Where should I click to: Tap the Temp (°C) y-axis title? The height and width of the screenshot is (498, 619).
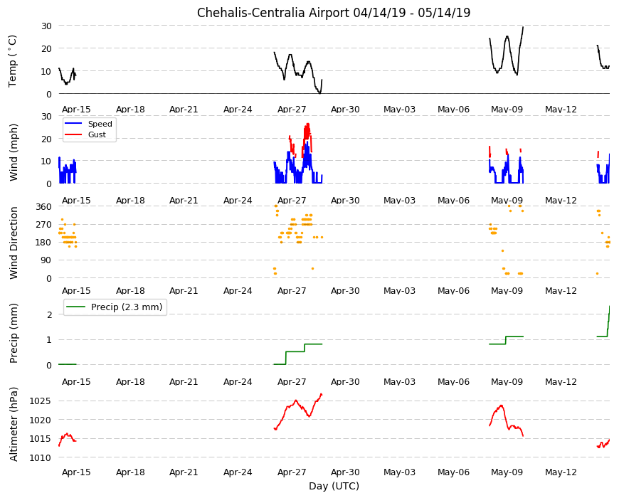point(13,60)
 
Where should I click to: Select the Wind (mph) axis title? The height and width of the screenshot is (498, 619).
point(14,152)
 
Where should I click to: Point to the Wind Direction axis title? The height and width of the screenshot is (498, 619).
point(14,243)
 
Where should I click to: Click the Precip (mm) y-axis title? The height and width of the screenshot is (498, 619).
point(14,333)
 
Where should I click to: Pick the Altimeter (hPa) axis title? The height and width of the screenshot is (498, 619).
point(14,424)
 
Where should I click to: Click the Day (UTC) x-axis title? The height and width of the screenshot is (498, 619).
point(334,486)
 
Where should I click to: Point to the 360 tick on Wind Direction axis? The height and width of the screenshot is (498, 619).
point(43,207)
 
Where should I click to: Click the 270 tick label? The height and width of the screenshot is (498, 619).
point(43,225)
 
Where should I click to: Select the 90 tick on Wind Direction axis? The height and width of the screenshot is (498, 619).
point(46,260)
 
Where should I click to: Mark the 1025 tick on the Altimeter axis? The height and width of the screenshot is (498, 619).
point(41,401)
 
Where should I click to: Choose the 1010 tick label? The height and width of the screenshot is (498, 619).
point(41,457)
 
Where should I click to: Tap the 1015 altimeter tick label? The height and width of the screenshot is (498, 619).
point(41,439)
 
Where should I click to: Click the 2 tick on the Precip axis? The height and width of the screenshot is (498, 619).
point(49,314)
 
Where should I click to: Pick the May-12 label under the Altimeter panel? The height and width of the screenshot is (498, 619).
point(561,472)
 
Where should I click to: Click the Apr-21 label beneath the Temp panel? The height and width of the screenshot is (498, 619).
point(184,110)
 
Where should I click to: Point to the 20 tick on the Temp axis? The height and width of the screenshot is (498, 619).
point(46,48)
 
